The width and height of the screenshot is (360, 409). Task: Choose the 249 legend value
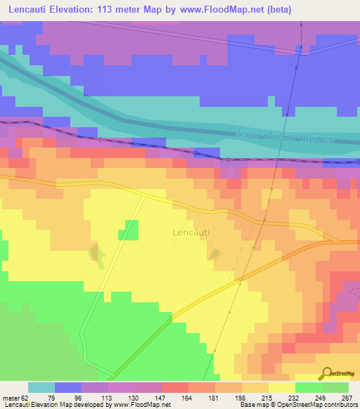point(322,397)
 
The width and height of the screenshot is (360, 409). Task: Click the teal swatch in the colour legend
point(41,387)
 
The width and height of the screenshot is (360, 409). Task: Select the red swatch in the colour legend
point(175,387)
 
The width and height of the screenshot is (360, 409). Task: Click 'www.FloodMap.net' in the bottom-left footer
point(142,405)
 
